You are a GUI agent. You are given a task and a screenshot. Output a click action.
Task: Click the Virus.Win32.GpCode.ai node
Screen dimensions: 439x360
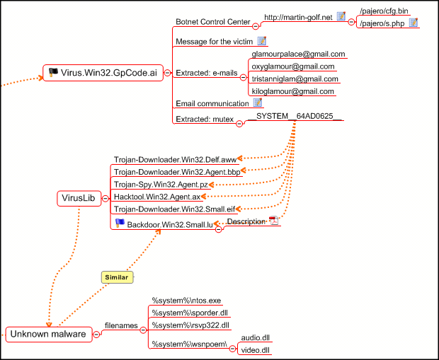pyautogui.click(x=103, y=73)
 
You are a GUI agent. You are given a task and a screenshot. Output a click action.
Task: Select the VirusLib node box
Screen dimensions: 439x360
pyautogui.click(x=79, y=198)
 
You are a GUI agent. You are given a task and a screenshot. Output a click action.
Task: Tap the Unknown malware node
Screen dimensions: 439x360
pyautogui.click(x=49, y=335)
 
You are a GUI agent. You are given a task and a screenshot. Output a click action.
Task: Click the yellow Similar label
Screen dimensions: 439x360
pyautogui.click(x=117, y=277)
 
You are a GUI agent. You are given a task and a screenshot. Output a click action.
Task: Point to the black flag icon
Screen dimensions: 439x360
pyautogui.click(x=53, y=72)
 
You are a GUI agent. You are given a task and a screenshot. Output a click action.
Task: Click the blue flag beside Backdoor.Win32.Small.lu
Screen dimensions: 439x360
pyautogui.click(x=120, y=223)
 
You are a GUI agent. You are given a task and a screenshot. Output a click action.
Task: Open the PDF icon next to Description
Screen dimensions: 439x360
pyautogui.click(x=273, y=221)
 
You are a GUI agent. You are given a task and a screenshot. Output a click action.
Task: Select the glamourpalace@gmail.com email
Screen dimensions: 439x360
pyautogui.click(x=298, y=54)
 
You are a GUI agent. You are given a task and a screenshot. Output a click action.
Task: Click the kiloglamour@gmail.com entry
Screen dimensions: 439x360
pyautogui.click(x=292, y=91)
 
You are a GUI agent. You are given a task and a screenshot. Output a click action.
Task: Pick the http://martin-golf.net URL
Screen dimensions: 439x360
pyautogui.click(x=298, y=18)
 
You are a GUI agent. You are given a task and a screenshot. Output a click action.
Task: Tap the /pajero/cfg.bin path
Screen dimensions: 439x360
pyautogui.click(x=384, y=11)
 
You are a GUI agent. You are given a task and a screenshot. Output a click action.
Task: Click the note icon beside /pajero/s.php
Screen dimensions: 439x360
pyautogui.click(x=414, y=23)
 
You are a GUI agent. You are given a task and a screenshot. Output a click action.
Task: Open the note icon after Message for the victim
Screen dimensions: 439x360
pyautogui.click(x=262, y=41)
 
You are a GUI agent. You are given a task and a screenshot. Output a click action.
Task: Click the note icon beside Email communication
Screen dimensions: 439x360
pyautogui.click(x=258, y=103)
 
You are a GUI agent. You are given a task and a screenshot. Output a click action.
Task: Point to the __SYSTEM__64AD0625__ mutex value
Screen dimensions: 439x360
pyautogui.click(x=295, y=116)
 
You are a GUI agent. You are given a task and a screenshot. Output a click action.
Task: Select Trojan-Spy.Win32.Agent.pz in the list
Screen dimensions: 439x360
pyautogui.click(x=161, y=185)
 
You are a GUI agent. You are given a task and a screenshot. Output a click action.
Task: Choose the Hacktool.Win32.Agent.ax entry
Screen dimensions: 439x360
pyautogui.click(x=157, y=197)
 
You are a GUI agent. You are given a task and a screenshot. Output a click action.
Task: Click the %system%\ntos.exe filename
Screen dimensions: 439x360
pyautogui.click(x=186, y=301)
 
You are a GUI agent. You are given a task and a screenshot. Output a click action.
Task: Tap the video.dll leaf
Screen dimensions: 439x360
pyautogui.click(x=255, y=350)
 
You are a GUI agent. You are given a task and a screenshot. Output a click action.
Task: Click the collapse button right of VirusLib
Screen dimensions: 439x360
pyautogui.click(x=106, y=198)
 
